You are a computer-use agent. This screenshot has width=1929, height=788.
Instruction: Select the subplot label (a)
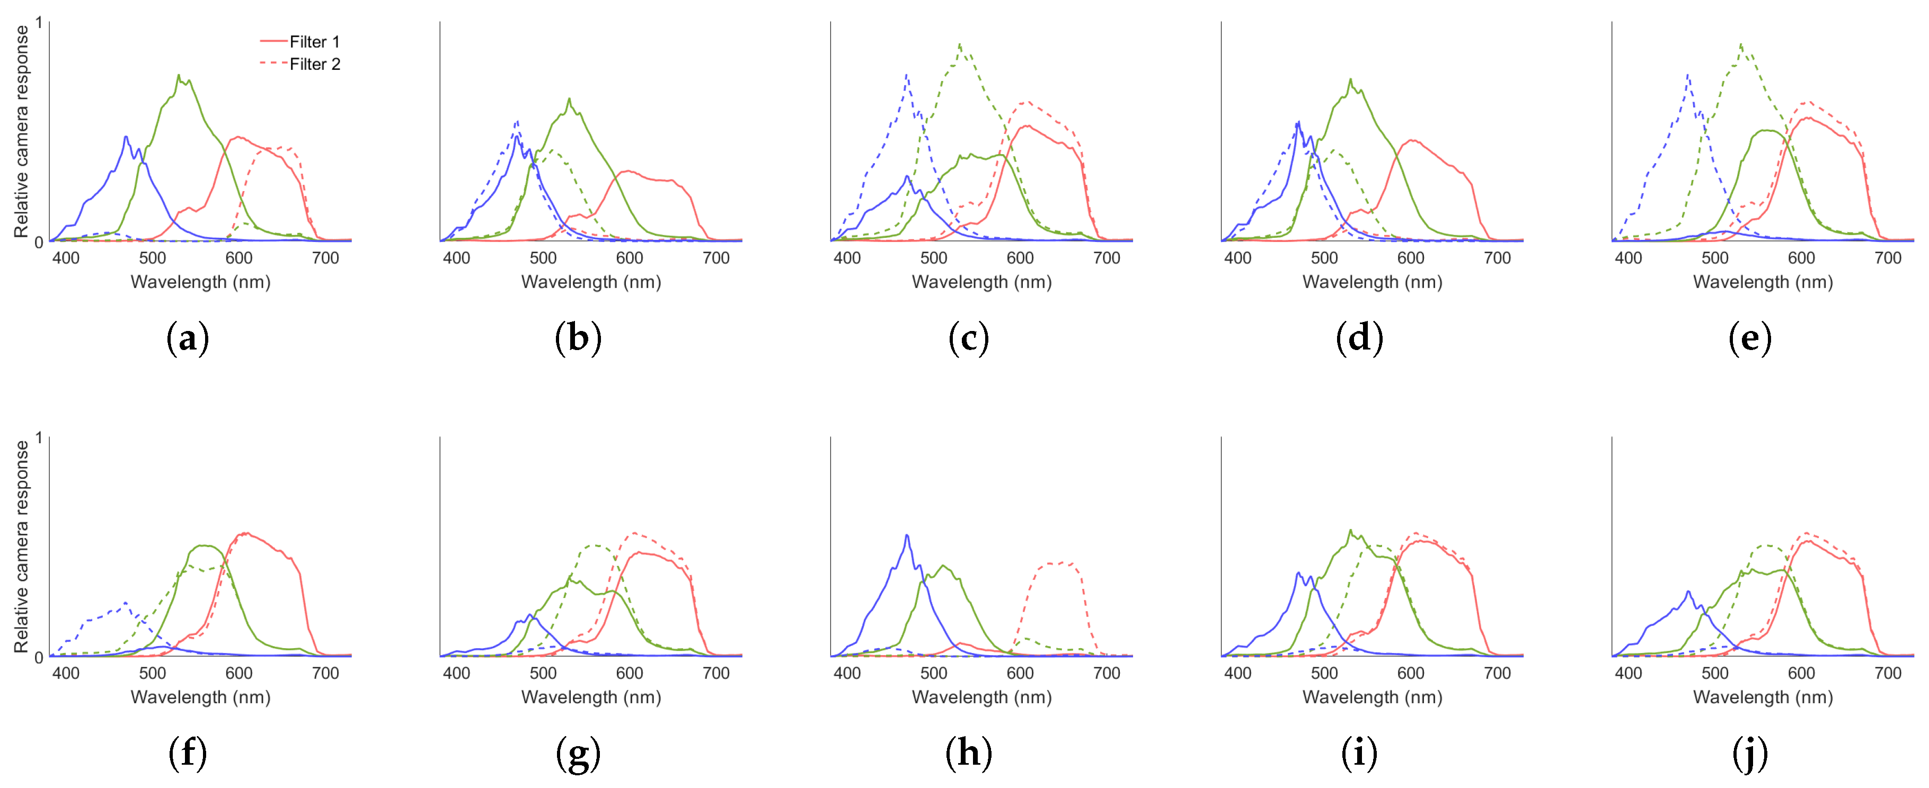coord(187,338)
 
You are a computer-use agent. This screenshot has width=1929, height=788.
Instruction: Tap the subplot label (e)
coord(1749,338)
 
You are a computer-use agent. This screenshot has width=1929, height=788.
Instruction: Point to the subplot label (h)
coord(968,753)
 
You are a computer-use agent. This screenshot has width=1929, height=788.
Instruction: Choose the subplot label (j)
coord(1749,753)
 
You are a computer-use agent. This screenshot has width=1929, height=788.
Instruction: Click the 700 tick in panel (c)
coord(1106,258)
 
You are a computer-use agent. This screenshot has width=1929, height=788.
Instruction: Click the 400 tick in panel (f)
coord(66,673)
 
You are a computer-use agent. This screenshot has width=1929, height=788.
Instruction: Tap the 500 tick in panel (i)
coord(1324,673)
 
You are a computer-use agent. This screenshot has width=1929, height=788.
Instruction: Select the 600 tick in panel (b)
coord(629,258)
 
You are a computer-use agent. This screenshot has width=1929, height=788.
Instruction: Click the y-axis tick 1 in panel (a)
coord(39,23)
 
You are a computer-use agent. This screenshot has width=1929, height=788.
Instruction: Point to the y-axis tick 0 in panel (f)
coord(39,657)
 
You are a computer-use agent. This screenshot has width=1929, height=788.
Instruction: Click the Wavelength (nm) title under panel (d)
coord(1372,282)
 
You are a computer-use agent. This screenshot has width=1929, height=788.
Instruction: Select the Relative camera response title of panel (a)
coord(22,132)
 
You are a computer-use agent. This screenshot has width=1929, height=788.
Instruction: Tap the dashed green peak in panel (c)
coord(960,45)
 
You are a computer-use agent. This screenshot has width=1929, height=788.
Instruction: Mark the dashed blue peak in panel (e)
coord(1688,75)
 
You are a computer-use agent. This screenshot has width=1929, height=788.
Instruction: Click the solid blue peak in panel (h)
coord(907,536)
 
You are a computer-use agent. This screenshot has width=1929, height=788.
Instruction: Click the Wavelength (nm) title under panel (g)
coord(591,697)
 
